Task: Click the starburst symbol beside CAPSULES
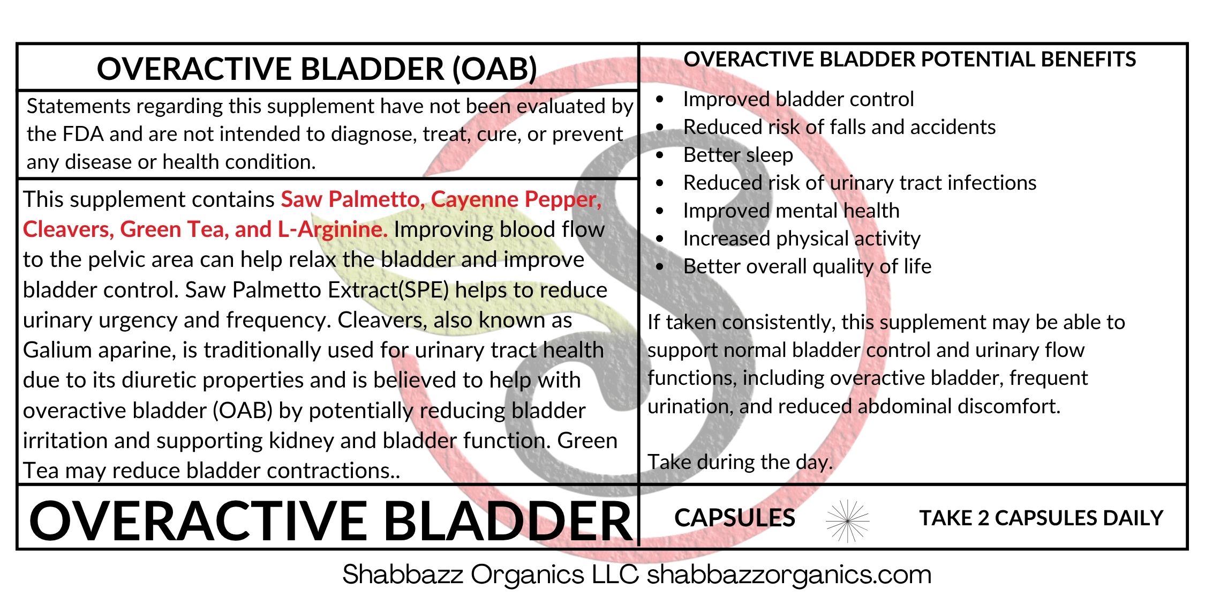[848, 520]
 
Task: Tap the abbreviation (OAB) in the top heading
[495, 69]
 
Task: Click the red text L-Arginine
[332, 230]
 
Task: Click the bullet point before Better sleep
[660, 155]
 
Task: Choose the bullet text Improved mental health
[791, 211]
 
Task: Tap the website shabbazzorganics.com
[789, 575]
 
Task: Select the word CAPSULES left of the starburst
[734, 518]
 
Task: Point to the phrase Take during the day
[740, 462]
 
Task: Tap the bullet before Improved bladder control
[660, 99]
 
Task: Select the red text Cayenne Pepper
[516, 199]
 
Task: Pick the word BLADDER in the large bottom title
[509, 521]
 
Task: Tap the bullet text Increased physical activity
[802, 239]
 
